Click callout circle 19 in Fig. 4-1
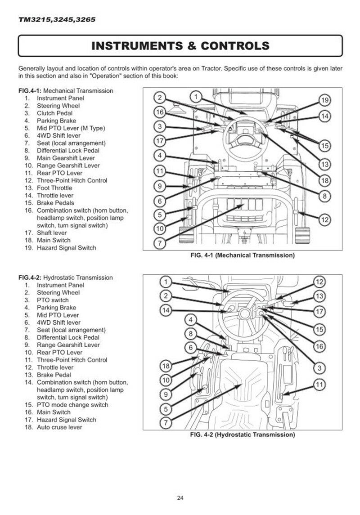[x=325, y=100]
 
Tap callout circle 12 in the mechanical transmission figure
[x=325, y=219]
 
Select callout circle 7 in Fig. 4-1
[x=159, y=243]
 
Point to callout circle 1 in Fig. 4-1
[x=195, y=96]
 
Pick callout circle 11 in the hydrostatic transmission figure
[x=319, y=385]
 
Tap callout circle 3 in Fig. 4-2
[x=319, y=368]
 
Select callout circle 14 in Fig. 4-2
[x=166, y=310]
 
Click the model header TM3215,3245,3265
[x=57, y=20]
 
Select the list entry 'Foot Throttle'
[x=54, y=188]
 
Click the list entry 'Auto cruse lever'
[x=59, y=427]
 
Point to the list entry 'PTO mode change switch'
[x=72, y=405]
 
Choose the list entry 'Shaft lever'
[x=52, y=233]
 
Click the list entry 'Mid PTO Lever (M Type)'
[x=71, y=128]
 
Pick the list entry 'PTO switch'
[x=53, y=300]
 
